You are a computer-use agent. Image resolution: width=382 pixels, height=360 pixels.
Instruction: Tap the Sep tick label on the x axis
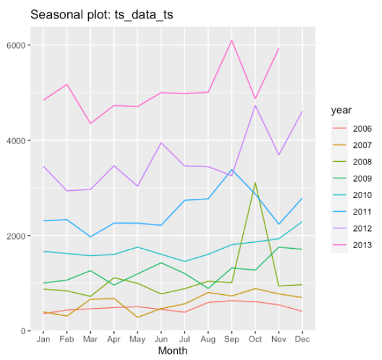pyautogui.click(x=231, y=339)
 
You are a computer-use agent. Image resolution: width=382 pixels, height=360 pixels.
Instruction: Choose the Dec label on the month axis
pyautogui.click(x=302, y=339)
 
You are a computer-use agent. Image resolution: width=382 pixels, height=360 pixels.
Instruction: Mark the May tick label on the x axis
pyautogui.click(x=138, y=339)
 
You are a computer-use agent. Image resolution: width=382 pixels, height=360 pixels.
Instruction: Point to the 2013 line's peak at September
pyautogui.click(x=232, y=41)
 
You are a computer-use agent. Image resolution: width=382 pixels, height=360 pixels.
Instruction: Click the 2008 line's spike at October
pyautogui.click(x=255, y=183)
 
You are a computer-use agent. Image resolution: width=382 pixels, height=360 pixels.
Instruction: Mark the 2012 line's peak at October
pyautogui.click(x=255, y=105)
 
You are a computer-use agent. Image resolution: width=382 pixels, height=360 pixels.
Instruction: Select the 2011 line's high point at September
pyautogui.click(x=232, y=169)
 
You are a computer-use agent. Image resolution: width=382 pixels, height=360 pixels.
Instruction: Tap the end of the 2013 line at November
pyautogui.click(x=279, y=49)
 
